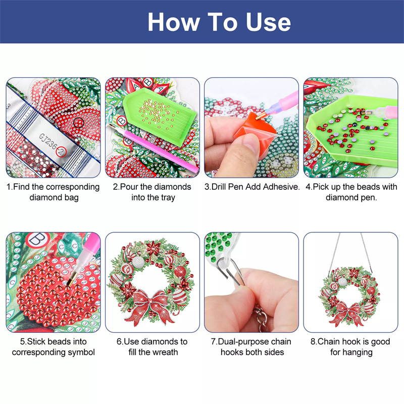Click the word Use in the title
tap(268, 22)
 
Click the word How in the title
tap(174, 22)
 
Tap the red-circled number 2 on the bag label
tap(61, 151)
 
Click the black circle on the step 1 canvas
tap(79, 123)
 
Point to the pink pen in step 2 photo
tap(154, 148)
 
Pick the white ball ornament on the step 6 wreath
tap(138, 262)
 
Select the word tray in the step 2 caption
tap(168, 197)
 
